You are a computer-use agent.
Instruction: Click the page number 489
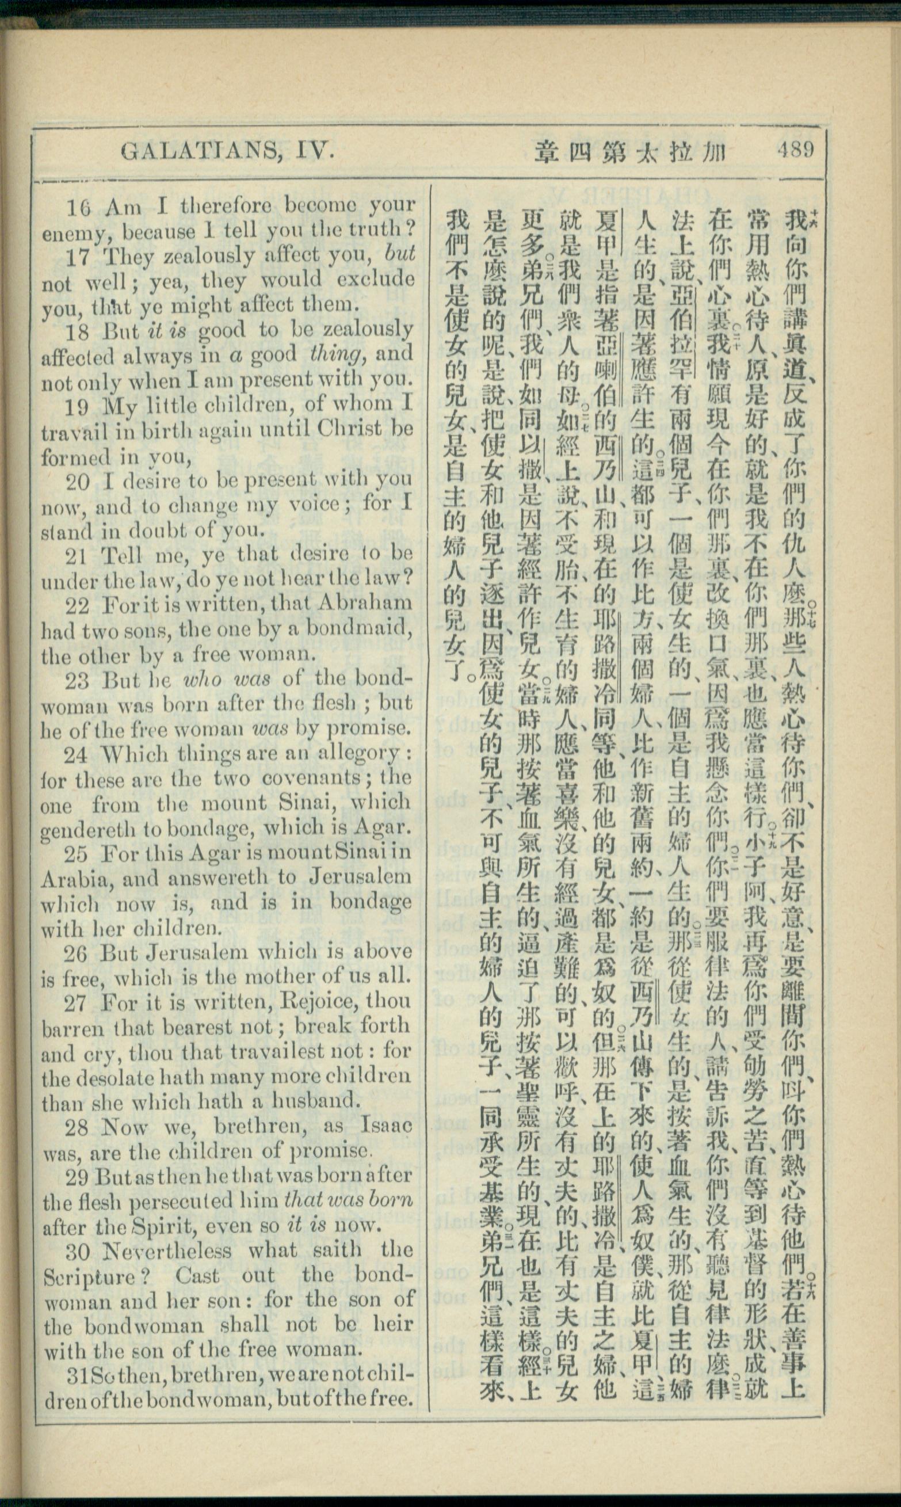794,150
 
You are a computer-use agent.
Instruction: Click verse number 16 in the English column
79,208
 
